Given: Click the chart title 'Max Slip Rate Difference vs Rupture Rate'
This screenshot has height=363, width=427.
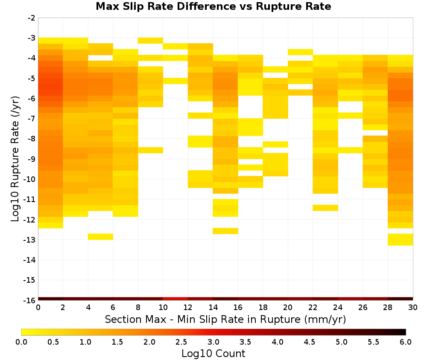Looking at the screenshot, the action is (213, 6).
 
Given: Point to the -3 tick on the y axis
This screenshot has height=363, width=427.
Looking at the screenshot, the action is (32, 38).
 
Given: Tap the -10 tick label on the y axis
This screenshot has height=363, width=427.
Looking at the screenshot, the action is (30, 179).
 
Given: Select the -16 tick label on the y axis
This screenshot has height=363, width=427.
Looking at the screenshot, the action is (30, 300).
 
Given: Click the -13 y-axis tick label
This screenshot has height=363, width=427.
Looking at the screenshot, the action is (30, 240).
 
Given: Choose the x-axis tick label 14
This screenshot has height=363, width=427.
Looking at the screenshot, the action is (213, 307).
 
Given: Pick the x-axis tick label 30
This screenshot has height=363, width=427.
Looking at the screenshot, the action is (413, 307).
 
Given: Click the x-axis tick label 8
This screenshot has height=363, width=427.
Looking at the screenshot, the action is (138, 307).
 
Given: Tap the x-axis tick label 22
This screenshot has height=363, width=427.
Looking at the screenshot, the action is (313, 307).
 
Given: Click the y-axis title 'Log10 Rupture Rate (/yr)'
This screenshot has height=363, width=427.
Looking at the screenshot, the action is (15, 159).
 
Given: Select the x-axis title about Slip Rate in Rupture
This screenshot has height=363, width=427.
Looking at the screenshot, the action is (225, 319).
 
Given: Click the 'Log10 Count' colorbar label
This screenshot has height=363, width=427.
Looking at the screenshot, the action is (213, 354).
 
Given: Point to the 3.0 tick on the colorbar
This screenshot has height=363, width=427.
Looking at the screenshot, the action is (213, 342).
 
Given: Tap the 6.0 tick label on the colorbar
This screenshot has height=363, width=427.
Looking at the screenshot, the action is (406, 342).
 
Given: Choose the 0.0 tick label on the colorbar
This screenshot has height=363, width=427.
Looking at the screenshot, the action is (21, 342).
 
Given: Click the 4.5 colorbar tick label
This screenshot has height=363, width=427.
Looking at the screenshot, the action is (310, 342).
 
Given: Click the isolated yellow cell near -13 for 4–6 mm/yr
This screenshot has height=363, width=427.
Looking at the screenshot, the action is (100, 237).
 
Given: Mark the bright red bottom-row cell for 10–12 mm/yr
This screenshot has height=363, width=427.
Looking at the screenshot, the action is (175, 299).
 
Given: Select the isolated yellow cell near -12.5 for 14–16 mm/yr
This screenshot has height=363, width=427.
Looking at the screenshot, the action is (225, 231).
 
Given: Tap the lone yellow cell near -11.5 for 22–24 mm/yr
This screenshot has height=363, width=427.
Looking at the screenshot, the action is (325, 208).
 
